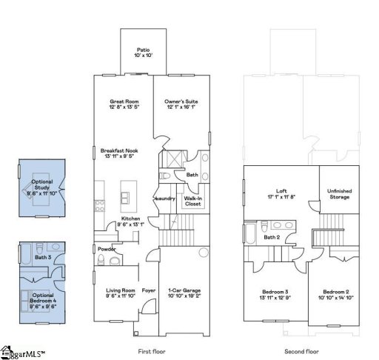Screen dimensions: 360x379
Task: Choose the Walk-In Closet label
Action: tap(193, 201)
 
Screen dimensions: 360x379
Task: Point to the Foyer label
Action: tap(149, 290)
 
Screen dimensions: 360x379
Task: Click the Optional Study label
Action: tap(42, 185)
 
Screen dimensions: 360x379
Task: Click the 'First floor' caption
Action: tap(152, 351)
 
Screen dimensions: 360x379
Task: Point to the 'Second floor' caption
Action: tap(302, 351)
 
